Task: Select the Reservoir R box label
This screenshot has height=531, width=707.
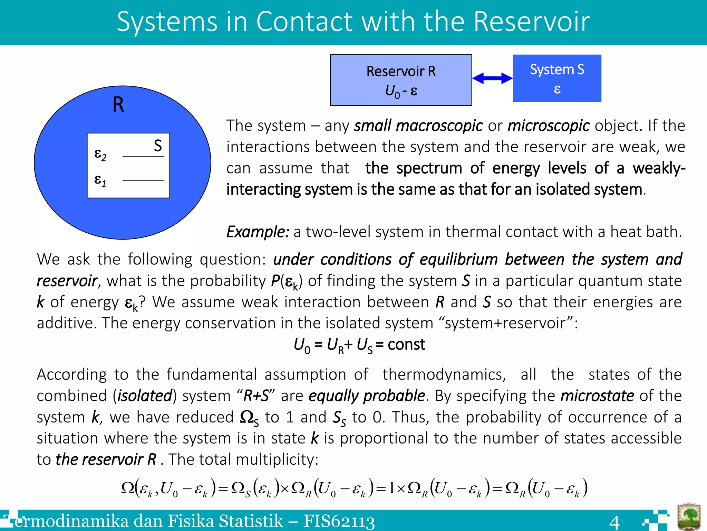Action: coord(401,71)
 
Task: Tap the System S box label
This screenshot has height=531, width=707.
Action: coord(557,69)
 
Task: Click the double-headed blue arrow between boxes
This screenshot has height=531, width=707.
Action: coord(492,78)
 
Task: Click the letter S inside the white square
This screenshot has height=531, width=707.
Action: coord(158,146)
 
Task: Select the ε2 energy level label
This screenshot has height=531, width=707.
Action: coord(100,154)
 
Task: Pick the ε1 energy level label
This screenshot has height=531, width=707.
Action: coord(100,180)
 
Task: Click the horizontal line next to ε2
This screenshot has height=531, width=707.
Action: coord(143,157)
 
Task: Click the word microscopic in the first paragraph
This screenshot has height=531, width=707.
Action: coord(548,125)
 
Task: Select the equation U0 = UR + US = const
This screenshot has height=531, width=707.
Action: coord(359,345)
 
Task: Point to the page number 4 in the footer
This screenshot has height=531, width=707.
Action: coord(614,521)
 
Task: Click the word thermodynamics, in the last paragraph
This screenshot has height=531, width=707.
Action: coord(444,374)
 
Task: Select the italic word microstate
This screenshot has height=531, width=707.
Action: coord(597,396)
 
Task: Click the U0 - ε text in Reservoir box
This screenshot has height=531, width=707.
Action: coord(401,91)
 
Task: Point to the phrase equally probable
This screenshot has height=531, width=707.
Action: coord(367,396)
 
